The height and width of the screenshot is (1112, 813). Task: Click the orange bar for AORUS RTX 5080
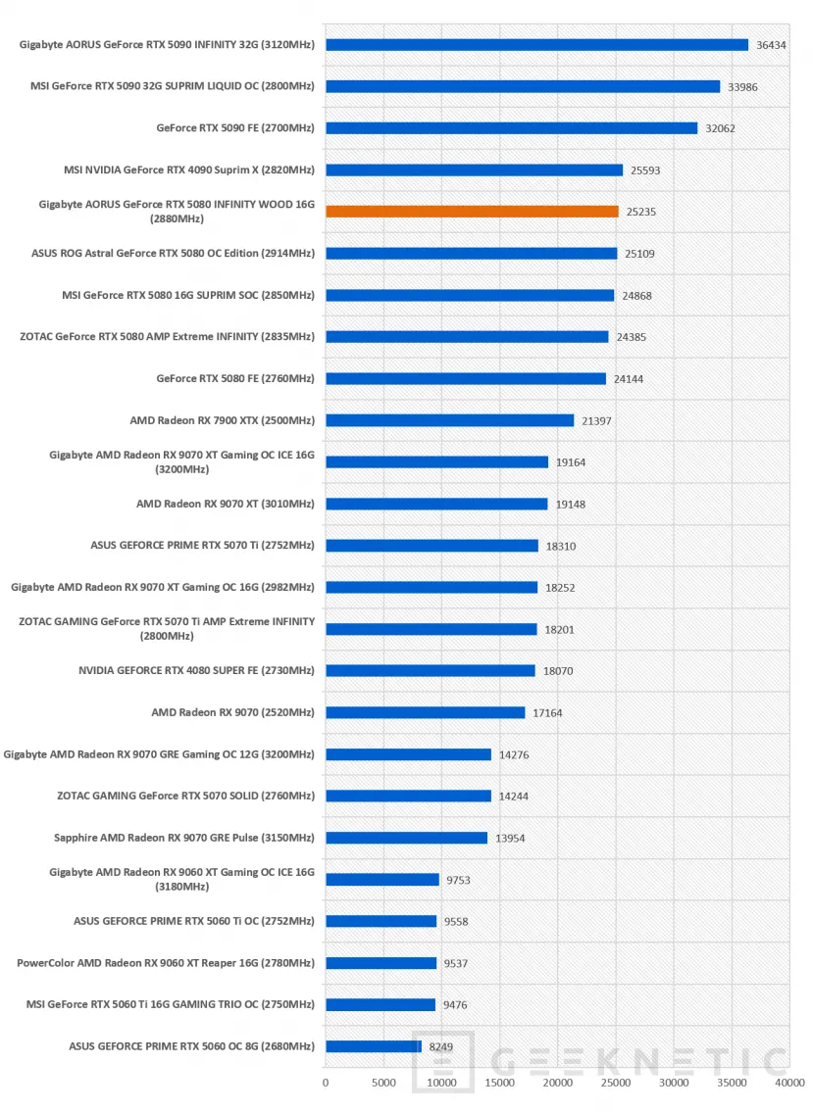point(472,212)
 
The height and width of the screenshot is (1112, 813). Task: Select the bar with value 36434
point(536,45)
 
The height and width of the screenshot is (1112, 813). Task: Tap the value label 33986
point(742,86)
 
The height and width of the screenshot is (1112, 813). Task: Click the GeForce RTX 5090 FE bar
point(511,128)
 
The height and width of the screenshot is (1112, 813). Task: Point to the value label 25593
point(645,170)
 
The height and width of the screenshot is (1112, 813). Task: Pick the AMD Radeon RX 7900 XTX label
point(223,420)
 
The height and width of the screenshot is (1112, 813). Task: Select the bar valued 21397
point(449,420)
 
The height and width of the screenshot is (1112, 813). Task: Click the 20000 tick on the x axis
point(557,1083)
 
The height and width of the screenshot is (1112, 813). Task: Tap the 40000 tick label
point(789,1083)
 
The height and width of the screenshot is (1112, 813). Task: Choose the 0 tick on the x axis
point(326,1083)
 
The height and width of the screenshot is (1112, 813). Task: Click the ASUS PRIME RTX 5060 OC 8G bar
point(374,1046)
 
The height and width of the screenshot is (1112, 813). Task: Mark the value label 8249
point(441,1046)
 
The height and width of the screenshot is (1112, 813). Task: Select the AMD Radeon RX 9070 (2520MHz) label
point(232,712)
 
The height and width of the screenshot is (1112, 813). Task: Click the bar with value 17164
point(426,712)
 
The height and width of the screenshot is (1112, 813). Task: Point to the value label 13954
point(511,839)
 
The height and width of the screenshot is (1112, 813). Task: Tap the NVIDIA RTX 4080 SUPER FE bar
point(431,671)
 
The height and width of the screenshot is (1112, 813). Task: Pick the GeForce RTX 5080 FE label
point(235,379)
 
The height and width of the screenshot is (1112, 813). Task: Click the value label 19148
point(571,505)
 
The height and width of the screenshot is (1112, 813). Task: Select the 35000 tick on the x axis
point(732,1083)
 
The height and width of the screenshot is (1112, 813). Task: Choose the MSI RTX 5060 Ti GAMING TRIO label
point(171,1004)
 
